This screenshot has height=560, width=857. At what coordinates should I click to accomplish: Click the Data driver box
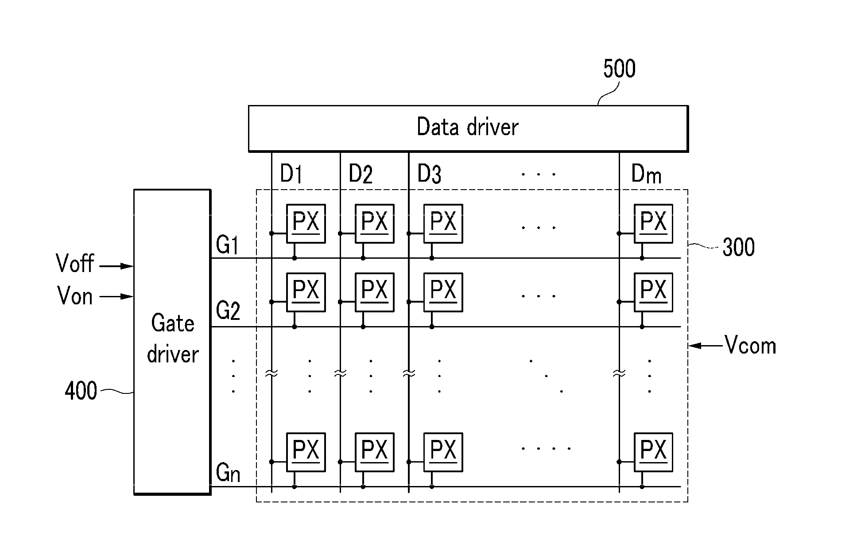click(468, 128)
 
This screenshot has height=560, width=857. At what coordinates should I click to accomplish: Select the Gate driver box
click(172, 342)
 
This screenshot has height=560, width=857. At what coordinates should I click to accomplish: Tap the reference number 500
click(619, 69)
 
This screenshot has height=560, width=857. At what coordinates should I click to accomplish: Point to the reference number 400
click(81, 391)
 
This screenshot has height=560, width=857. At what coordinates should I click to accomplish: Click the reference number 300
click(739, 247)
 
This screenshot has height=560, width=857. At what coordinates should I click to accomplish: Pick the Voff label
click(75, 263)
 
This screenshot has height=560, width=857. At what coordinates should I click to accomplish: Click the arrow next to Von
click(116, 296)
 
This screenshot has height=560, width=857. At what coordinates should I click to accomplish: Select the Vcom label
click(750, 346)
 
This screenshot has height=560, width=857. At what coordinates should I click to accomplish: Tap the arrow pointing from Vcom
click(706, 346)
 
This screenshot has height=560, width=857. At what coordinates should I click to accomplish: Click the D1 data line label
click(291, 173)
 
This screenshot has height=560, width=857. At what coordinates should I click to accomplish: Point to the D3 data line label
click(429, 173)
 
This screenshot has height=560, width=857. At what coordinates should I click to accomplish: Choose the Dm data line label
click(646, 174)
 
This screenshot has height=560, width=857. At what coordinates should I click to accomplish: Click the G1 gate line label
click(228, 245)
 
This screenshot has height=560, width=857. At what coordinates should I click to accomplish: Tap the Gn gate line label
click(228, 473)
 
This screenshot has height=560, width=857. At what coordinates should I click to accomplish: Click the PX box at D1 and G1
click(306, 224)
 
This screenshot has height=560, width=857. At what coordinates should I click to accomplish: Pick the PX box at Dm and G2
click(653, 292)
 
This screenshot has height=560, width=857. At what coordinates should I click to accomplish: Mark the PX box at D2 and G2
click(375, 292)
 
